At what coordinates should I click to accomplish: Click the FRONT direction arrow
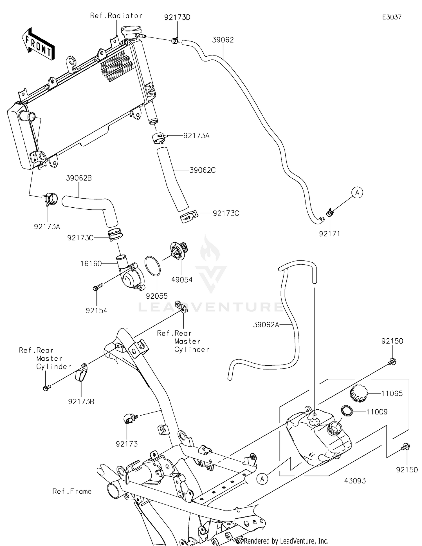click(38, 44)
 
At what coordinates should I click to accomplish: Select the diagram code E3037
click(392, 17)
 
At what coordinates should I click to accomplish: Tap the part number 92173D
click(177, 17)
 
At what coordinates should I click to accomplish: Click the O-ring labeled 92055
click(152, 266)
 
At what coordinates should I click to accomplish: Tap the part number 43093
click(355, 481)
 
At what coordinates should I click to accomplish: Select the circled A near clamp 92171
click(357, 193)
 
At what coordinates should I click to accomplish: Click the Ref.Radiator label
click(116, 16)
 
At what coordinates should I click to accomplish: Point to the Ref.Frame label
click(72, 491)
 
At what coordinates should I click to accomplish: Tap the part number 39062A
click(266, 325)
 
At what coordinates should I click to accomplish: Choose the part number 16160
click(91, 263)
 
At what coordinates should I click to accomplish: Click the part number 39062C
click(202, 170)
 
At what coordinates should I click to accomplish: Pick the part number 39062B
click(79, 178)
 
